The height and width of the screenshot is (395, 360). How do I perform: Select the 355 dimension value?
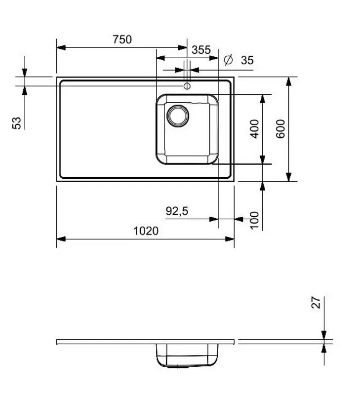pos(201,50)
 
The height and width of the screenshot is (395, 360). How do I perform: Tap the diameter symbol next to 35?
pos(228,60)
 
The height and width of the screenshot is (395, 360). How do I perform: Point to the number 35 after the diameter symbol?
pos(247,60)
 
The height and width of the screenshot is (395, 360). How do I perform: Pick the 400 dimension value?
pos(255,129)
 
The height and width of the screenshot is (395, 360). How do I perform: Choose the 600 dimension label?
pos(280,129)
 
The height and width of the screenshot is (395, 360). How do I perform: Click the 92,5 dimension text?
pos(177,211)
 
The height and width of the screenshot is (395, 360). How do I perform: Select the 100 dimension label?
pos(255,219)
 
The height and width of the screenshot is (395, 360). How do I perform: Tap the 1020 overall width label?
pos(146,231)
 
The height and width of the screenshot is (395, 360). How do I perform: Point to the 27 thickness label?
pos(316,302)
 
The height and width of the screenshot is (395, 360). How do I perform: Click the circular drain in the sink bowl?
pos(177,115)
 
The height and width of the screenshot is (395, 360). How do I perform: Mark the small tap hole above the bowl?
pos(187,86)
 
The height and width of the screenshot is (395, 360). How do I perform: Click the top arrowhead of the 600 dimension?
pos(289,81)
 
